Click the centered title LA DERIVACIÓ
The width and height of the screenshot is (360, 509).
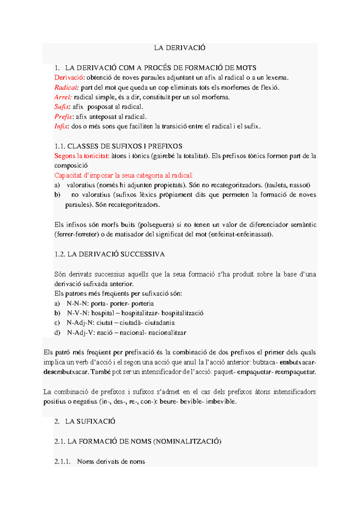[180, 48]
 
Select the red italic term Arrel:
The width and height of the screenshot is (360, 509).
[63, 97]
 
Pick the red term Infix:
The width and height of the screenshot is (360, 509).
[62, 126]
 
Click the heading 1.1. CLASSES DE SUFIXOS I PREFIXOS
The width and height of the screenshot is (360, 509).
[118, 146]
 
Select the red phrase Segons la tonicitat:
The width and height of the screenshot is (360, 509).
[82, 156]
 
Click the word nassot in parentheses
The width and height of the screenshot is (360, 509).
[300, 185]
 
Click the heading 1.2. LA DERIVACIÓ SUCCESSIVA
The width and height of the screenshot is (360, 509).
[109, 254]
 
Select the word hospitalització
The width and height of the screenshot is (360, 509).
[182, 313]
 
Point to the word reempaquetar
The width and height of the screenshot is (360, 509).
[295, 372]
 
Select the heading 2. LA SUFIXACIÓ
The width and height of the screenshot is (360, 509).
[85, 421]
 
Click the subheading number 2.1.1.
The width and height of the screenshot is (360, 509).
[62, 462]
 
